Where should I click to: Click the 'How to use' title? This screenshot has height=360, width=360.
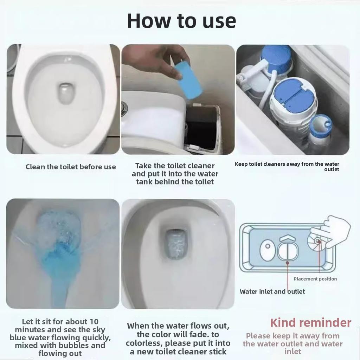(x=181, y=21)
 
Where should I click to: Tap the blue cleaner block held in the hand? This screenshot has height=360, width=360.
(x=188, y=80)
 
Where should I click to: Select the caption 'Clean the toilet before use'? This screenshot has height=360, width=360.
(x=71, y=167)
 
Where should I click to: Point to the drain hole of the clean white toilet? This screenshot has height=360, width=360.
(x=66, y=93)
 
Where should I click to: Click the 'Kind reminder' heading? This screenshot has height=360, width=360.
(x=310, y=322)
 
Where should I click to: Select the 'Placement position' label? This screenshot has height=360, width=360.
(x=315, y=279)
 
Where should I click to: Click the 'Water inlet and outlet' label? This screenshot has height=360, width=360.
(x=272, y=291)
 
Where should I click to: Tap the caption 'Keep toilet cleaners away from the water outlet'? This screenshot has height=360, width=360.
(x=287, y=166)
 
